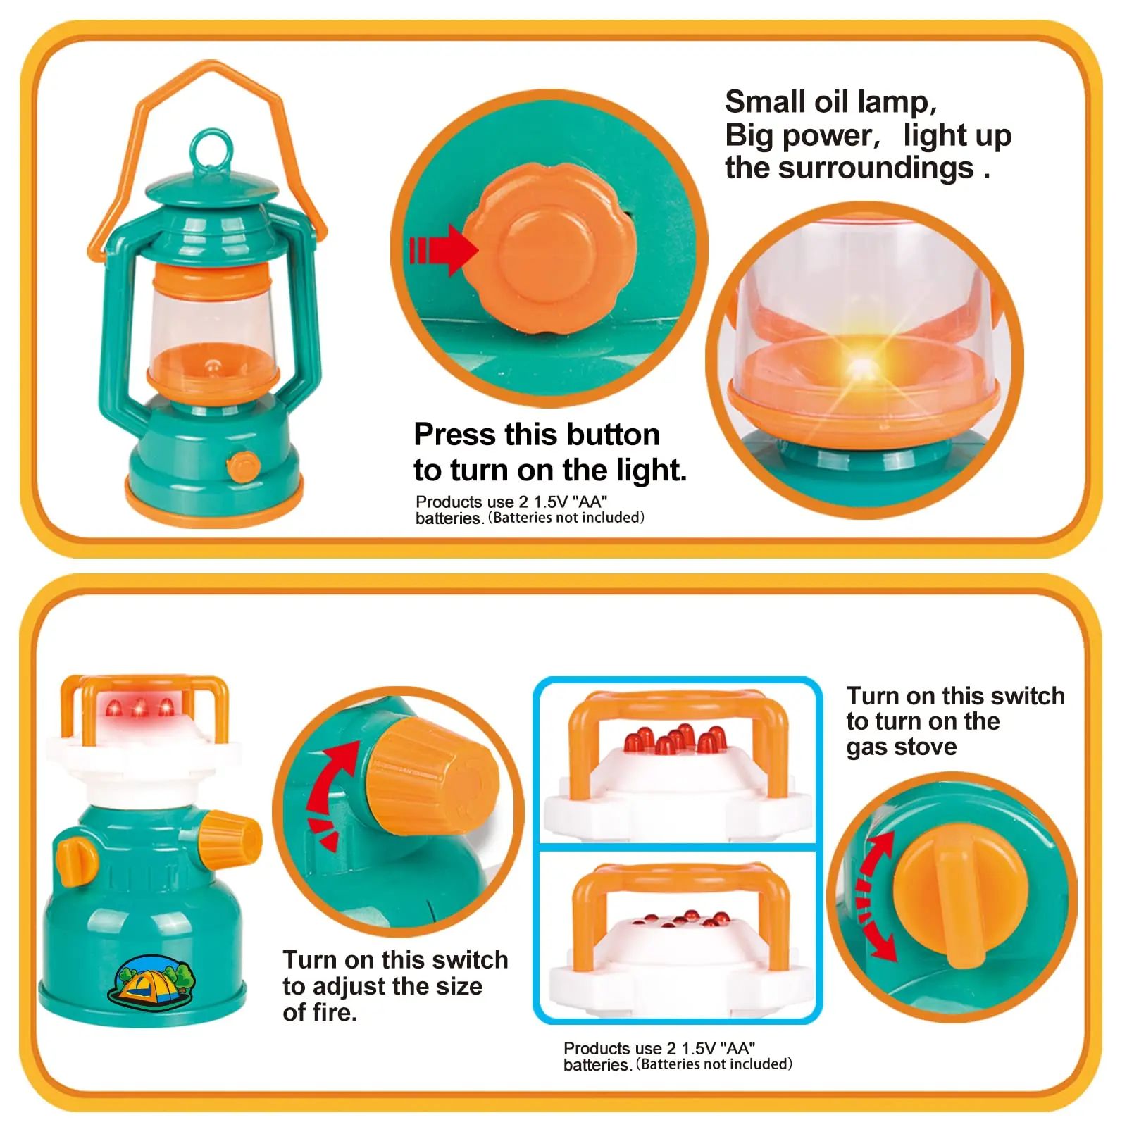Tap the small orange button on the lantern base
click(x=244, y=466)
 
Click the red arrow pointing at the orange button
click(x=443, y=249)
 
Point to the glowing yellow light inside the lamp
click(x=860, y=366)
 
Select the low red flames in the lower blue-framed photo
click(x=680, y=918)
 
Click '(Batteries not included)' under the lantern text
click(x=567, y=518)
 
